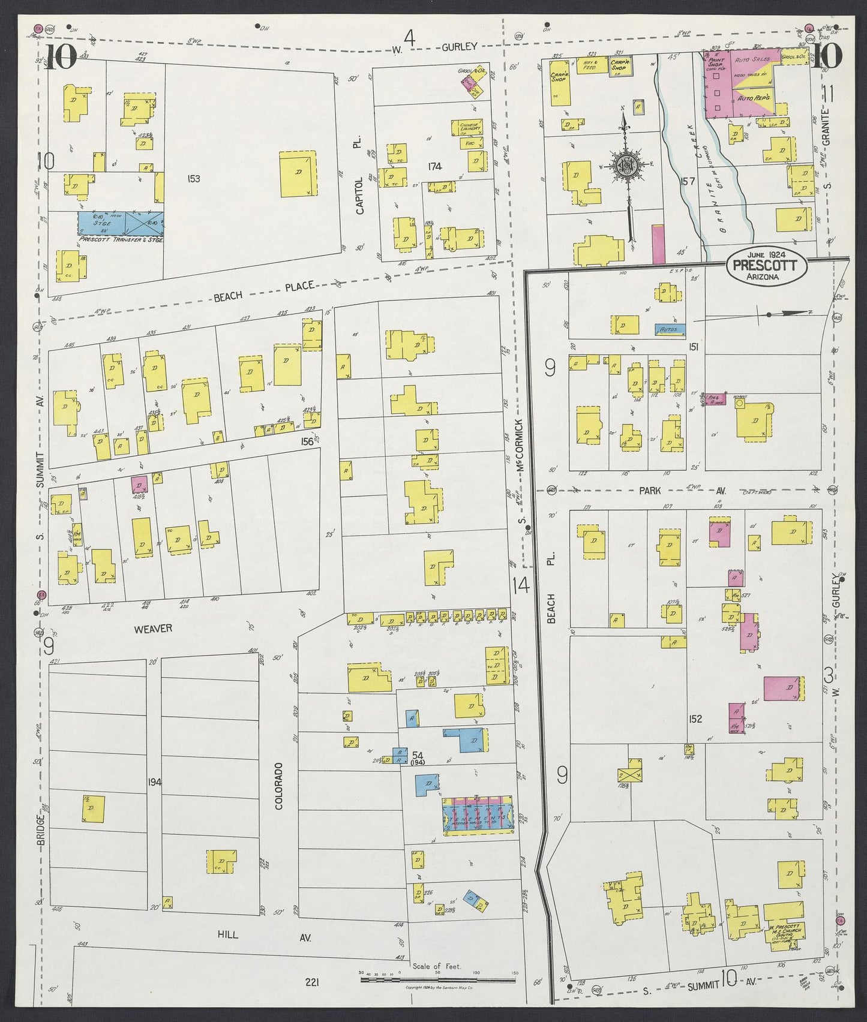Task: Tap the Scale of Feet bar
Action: pyautogui.click(x=437, y=981)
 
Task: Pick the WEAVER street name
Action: pyautogui.click(x=153, y=629)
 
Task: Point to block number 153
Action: pyautogui.click(x=193, y=178)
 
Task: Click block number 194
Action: pyautogui.click(x=154, y=782)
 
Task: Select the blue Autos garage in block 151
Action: pyautogui.click(x=668, y=329)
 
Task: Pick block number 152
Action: pyautogui.click(x=696, y=719)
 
